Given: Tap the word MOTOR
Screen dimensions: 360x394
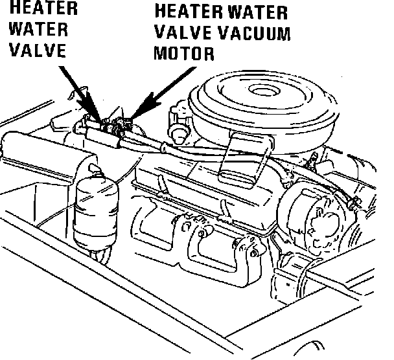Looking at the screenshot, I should pyautogui.click(x=183, y=52).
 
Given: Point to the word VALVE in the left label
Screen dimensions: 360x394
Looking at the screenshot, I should pyautogui.click(x=37, y=51).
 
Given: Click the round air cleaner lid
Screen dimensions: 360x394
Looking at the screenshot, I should pyautogui.click(x=259, y=97).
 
